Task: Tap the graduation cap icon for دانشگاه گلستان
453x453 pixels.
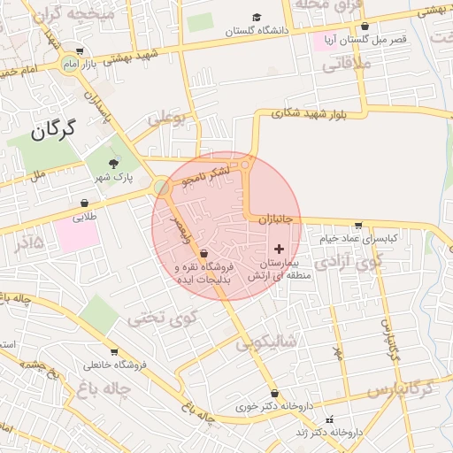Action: tap(257, 17)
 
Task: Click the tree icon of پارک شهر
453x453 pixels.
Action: tap(112, 164)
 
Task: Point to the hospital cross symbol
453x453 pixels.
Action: tap(280, 250)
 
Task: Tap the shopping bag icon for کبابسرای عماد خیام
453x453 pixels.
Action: tap(357, 225)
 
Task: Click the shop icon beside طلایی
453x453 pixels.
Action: tap(84, 203)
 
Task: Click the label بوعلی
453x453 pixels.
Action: tap(168, 118)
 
